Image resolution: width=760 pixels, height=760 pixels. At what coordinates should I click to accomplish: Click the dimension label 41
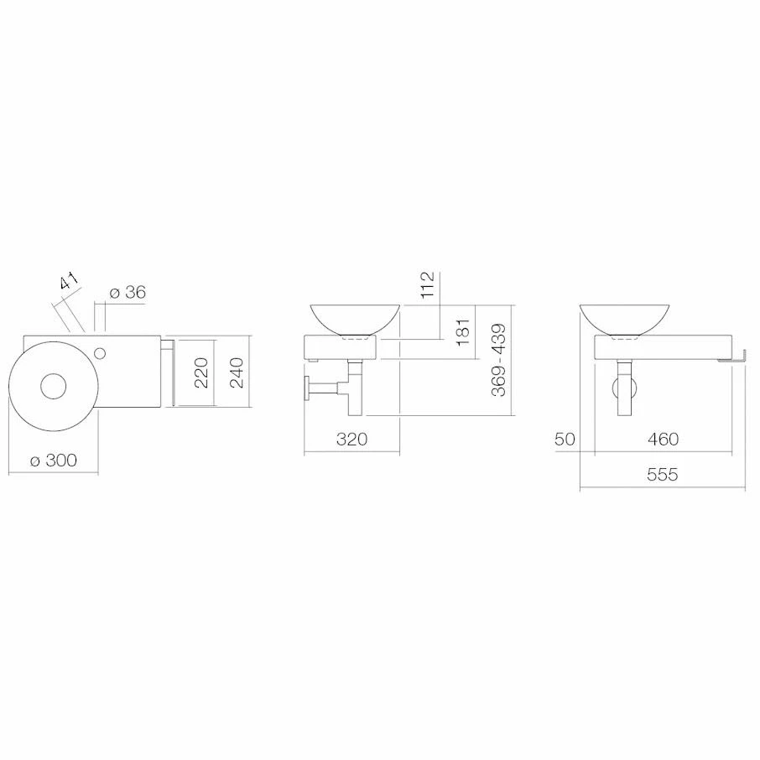pyautogui.click(x=69, y=282)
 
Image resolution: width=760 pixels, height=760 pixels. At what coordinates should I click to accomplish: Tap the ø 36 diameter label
pyautogui.click(x=128, y=292)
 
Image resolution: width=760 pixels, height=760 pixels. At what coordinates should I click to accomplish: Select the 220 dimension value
pyautogui.click(x=200, y=372)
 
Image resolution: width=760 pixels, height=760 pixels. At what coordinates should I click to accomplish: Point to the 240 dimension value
pyautogui.click(x=236, y=372)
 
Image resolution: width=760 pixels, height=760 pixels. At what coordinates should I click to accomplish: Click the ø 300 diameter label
pyautogui.click(x=54, y=460)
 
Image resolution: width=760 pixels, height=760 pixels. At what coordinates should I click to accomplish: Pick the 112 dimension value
pyautogui.click(x=427, y=285)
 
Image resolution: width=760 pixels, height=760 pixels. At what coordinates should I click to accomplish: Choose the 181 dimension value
pyautogui.click(x=463, y=331)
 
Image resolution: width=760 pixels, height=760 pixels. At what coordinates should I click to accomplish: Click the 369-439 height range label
pyautogui.click(x=498, y=360)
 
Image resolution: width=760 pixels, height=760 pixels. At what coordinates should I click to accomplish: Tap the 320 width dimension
pyautogui.click(x=351, y=439)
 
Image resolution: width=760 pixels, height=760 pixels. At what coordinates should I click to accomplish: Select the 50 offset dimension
pyautogui.click(x=565, y=439)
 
